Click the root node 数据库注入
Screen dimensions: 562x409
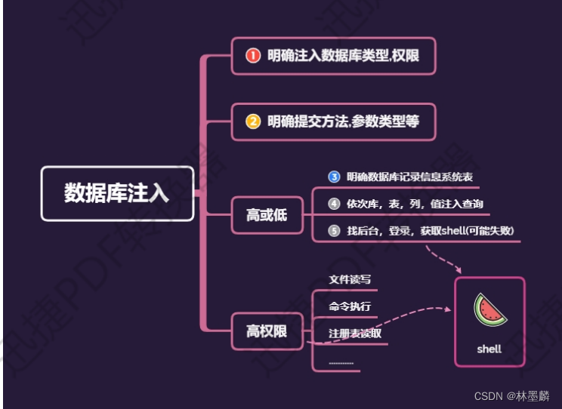pos(117,193)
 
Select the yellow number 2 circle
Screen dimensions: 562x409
pos(253,120)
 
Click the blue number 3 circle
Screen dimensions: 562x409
pos(334,177)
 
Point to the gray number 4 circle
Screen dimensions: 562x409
pos(334,204)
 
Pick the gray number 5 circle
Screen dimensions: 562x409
pos(334,231)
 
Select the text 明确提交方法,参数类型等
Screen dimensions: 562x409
pos(343,120)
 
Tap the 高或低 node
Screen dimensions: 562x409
pos(267,215)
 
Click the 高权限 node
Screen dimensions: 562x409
pos(267,331)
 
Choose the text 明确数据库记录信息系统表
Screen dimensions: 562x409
pos(412,177)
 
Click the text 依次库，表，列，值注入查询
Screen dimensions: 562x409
pos(415,204)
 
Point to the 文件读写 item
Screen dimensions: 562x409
pos(350,279)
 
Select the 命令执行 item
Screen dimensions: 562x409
pos(350,306)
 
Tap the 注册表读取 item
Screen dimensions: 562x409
pos(355,333)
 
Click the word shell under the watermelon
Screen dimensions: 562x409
pos(489,349)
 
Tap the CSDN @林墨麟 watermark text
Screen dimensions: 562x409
pos(511,395)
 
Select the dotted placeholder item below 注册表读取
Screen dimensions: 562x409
pos(341,363)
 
